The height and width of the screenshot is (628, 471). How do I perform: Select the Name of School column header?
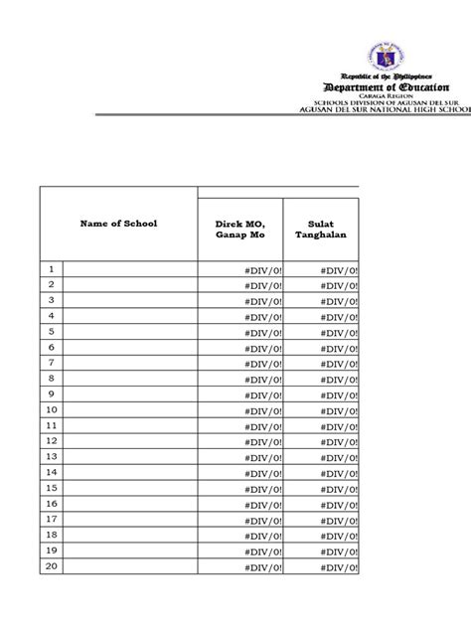point(118,224)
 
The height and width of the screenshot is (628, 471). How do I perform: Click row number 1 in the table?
point(51,268)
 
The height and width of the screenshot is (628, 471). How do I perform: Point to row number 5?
point(51,331)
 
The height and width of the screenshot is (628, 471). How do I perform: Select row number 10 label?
point(51,409)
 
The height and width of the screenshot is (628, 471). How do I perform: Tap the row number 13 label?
point(51,456)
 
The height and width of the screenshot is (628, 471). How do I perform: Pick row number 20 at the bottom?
point(51,566)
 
